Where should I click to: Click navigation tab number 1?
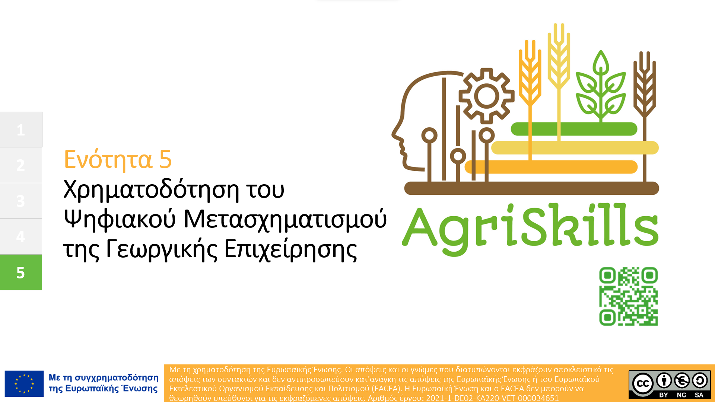21,130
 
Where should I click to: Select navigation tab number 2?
21,165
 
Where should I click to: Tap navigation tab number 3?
21,201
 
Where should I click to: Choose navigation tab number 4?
21,237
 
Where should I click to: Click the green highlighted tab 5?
21,272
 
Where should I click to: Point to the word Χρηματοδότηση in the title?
151,190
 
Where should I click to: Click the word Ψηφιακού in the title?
120,220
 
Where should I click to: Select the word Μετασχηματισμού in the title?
285,220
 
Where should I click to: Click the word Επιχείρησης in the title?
291,249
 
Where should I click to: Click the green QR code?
629,296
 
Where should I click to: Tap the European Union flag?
24,384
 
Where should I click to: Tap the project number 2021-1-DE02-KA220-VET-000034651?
492,398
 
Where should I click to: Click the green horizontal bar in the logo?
574,129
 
